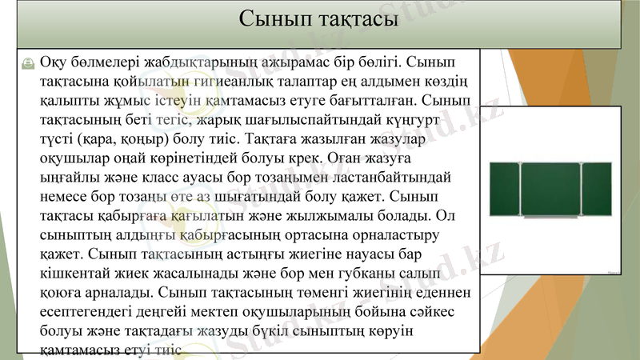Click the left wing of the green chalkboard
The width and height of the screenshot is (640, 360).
pyautogui.click(x=503, y=190)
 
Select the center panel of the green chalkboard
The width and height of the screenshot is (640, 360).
pyautogui.click(x=550, y=190)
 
